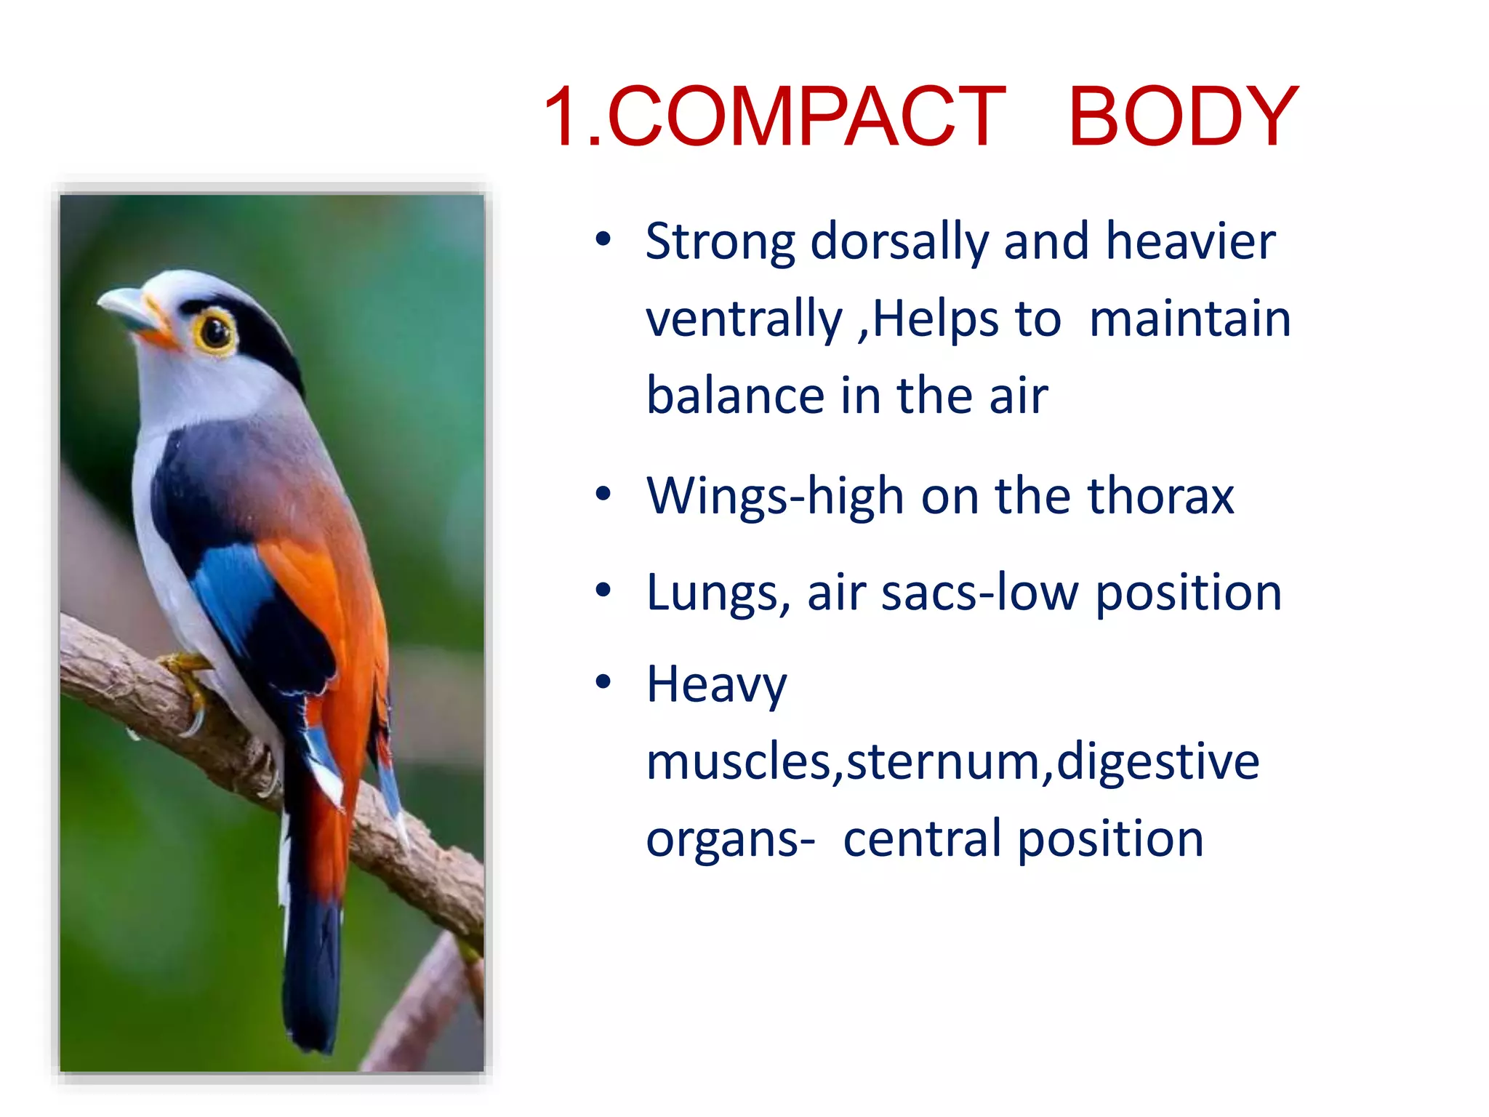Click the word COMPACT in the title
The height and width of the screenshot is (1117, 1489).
tap(806, 117)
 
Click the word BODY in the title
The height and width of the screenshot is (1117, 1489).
tap(1182, 117)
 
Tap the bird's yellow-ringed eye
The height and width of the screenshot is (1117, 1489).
tap(214, 332)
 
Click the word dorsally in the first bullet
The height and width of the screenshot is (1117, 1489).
tap(899, 242)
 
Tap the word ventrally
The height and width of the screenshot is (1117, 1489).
tap(744, 320)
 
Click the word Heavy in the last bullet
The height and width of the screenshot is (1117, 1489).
tap(716, 686)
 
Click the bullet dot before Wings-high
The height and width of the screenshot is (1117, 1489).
tap(603, 495)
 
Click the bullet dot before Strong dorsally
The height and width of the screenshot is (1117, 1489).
tap(603, 239)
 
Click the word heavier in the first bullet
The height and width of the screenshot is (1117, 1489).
tap(1190, 242)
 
